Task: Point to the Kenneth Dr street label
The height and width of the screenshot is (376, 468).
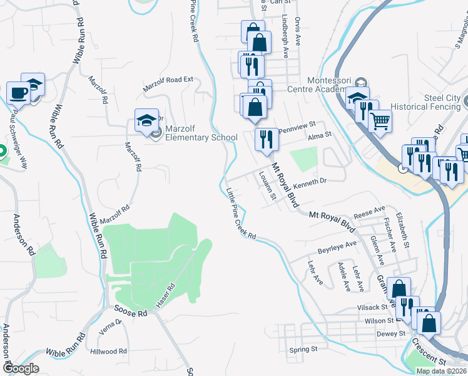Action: click(x=310, y=180)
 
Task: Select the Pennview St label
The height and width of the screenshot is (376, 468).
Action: click(x=298, y=128)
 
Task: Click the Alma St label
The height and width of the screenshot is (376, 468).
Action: click(x=318, y=134)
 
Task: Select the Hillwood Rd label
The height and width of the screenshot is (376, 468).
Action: click(x=108, y=352)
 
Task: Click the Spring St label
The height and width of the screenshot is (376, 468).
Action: click(x=304, y=349)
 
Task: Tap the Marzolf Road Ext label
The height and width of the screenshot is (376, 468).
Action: click(x=168, y=84)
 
